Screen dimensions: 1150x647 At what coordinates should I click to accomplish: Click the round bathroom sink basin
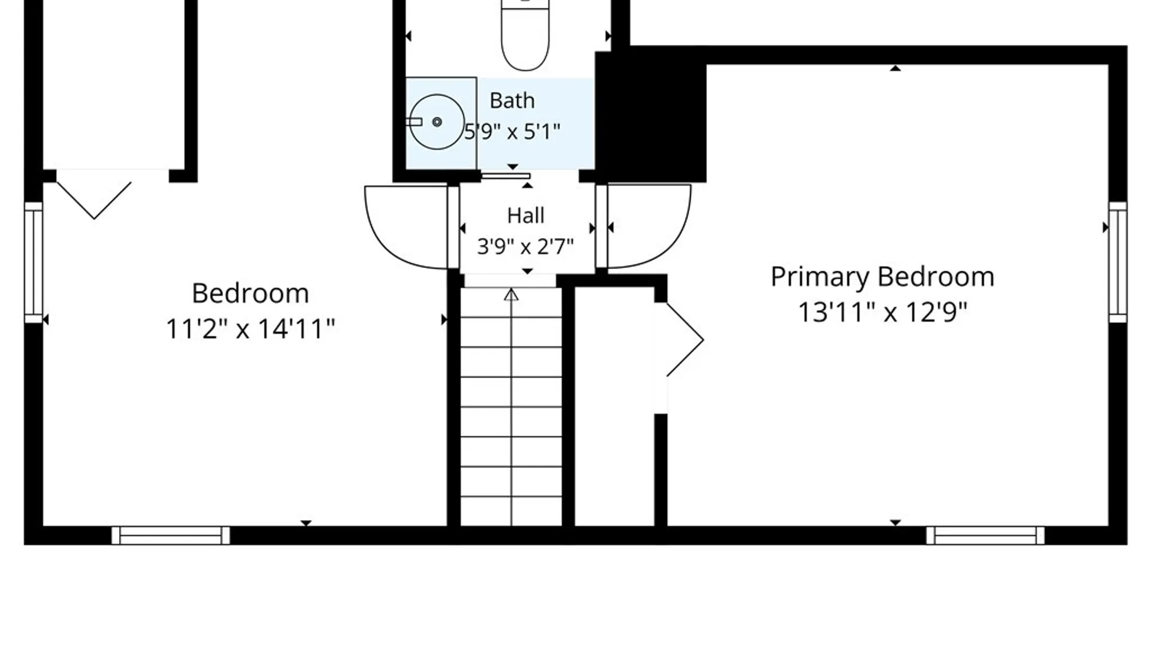[437, 122]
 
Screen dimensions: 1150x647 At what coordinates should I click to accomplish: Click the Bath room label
[512, 101]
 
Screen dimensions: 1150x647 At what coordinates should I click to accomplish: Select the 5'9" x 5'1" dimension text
[513, 131]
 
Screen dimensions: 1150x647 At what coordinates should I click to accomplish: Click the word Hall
[526, 216]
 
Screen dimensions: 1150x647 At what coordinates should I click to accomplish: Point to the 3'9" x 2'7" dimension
[525, 246]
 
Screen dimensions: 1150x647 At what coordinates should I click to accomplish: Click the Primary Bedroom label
[882, 277]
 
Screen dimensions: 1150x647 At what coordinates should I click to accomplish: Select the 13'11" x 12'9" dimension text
[883, 312]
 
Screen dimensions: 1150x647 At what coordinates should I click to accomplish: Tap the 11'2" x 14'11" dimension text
[250, 329]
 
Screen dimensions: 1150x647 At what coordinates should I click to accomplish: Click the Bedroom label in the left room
[250, 294]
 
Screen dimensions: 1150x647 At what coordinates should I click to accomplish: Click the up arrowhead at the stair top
[511, 295]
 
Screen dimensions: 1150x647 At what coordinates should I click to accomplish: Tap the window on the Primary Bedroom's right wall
[1118, 262]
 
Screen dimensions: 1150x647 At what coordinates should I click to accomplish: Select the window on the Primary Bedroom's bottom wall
[985, 536]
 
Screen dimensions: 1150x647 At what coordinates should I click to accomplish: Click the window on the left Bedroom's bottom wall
[171, 536]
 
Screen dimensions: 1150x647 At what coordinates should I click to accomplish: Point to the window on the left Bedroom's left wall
[34, 262]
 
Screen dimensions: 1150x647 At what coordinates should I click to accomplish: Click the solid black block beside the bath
[651, 116]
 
